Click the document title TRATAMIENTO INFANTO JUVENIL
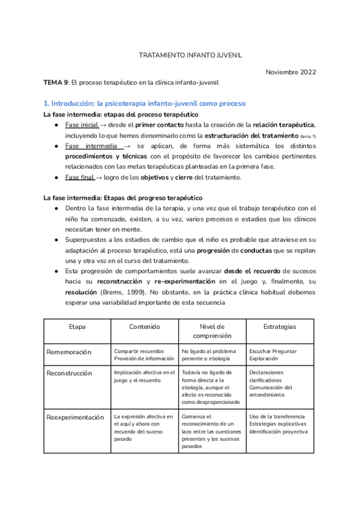[x=190, y=55]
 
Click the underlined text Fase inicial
[x=82, y=124]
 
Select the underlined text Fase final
[x=80, y=177]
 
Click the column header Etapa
[x=77, y=327]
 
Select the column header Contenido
[x=145, y=327]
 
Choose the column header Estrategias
[x=280, y=327]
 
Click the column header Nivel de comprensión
[x=212, y=331]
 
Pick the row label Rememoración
[x=69, y=352]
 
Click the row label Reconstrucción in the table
[x=70, y=373]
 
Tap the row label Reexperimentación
[x=75, y=417]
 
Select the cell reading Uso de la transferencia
[x=277, y=416]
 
